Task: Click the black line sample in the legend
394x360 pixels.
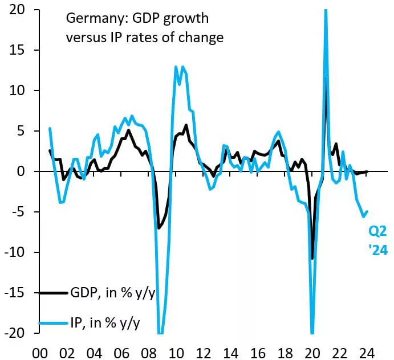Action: (52, 293)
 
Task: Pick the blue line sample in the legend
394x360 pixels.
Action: (52, 324)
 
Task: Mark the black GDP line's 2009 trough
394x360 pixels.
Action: (159, 228)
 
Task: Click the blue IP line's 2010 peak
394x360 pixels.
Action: (177, 67)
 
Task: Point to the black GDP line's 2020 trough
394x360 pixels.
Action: (312, 258)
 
